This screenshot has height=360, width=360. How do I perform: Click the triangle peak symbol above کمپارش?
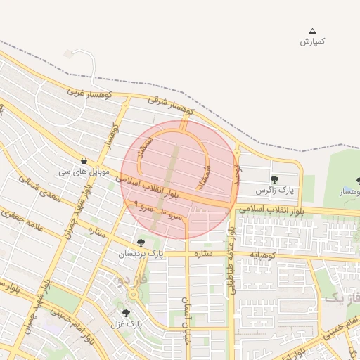coord(313,31)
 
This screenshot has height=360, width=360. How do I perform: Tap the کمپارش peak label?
coord(312,41)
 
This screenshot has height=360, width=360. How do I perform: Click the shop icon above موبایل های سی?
coord(84,160)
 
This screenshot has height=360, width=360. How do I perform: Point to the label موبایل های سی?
coord(84,171)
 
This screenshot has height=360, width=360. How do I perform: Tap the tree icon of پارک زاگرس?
coord(274,179)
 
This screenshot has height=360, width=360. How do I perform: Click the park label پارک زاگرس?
coord(274,191)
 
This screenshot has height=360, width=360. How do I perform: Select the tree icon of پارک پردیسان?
coord(141,243)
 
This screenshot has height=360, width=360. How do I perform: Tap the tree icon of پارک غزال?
coord(126,313)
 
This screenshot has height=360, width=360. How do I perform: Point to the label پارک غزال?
coord(126,324)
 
